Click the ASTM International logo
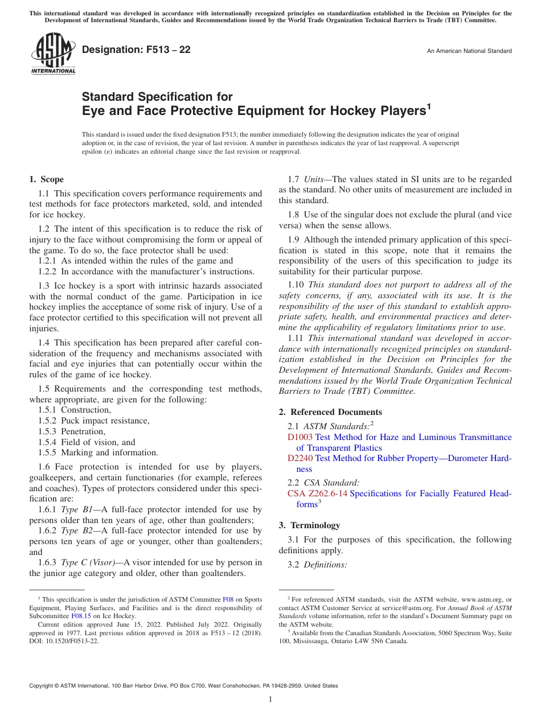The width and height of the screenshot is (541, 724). [x=53, y=54]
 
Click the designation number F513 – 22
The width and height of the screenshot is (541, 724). [x=136, y=50]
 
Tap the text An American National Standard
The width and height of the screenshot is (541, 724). [x=469, y=51]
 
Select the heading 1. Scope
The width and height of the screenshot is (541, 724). [x=46, y=179]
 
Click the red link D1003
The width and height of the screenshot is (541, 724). [x=300, y=437]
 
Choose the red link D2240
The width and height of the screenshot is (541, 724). [x=300, y=458]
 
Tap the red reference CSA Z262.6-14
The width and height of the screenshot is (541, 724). [x=317, y=493]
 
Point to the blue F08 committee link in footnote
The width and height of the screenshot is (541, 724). [x=227, y=599]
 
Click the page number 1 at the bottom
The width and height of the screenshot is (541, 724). [x=270, y=699]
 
